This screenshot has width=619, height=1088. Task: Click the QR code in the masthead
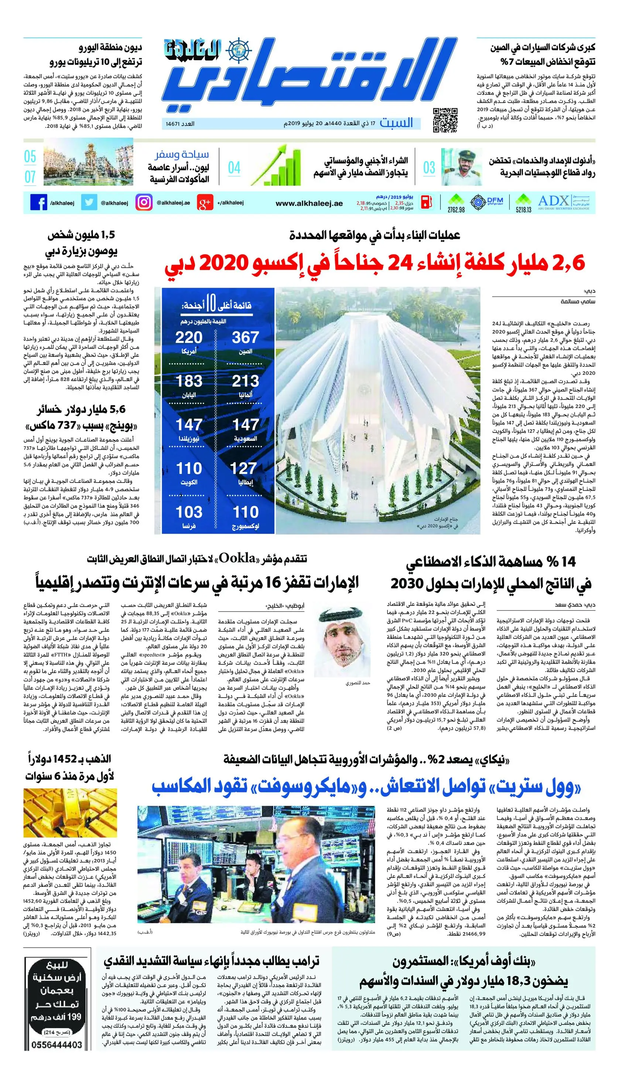(445, 120)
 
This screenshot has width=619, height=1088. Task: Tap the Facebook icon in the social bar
(39, 202)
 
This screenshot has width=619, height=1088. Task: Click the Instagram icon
(144, 202)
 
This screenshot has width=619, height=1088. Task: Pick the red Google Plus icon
(205, 203)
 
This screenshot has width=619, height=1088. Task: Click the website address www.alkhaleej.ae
(309, 203)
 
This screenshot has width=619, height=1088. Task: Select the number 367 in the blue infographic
(245, 337)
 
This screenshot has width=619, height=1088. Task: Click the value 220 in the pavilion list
(189, 337)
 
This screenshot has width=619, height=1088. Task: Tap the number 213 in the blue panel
(245, 381)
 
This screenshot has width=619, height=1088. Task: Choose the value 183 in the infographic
(189, 381)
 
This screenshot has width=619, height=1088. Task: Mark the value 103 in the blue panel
(189, 512)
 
